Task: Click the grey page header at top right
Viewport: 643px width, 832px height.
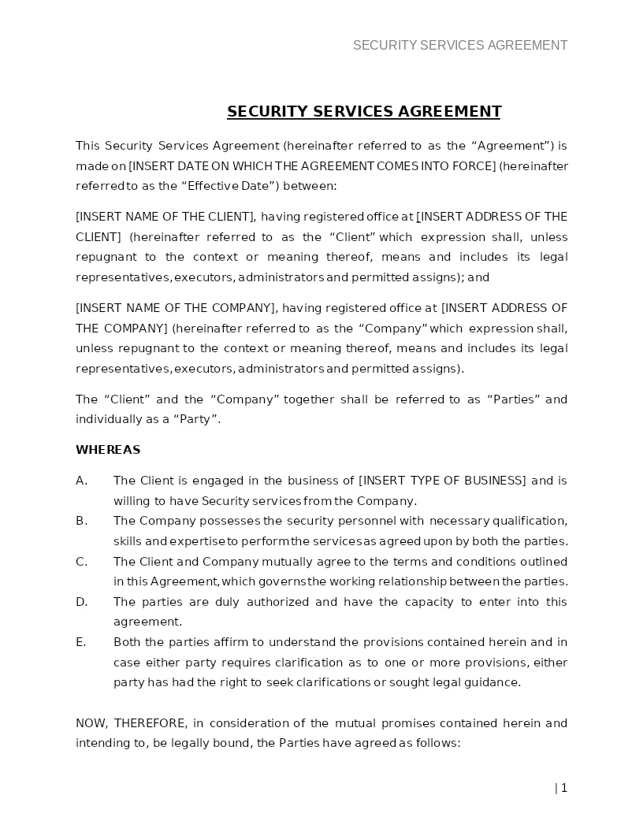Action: [x=460, y=46]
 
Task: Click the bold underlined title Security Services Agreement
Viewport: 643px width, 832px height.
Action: [x=363, y=112]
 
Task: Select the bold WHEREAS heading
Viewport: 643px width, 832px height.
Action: [x=108, y=450]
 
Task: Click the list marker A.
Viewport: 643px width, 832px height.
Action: [x=81, y=481]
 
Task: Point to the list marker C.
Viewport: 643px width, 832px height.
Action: [x=81, y=562]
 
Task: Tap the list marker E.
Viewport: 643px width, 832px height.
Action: [x=81, y=642]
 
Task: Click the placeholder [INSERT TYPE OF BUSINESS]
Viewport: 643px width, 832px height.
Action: [x=442, y=481]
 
